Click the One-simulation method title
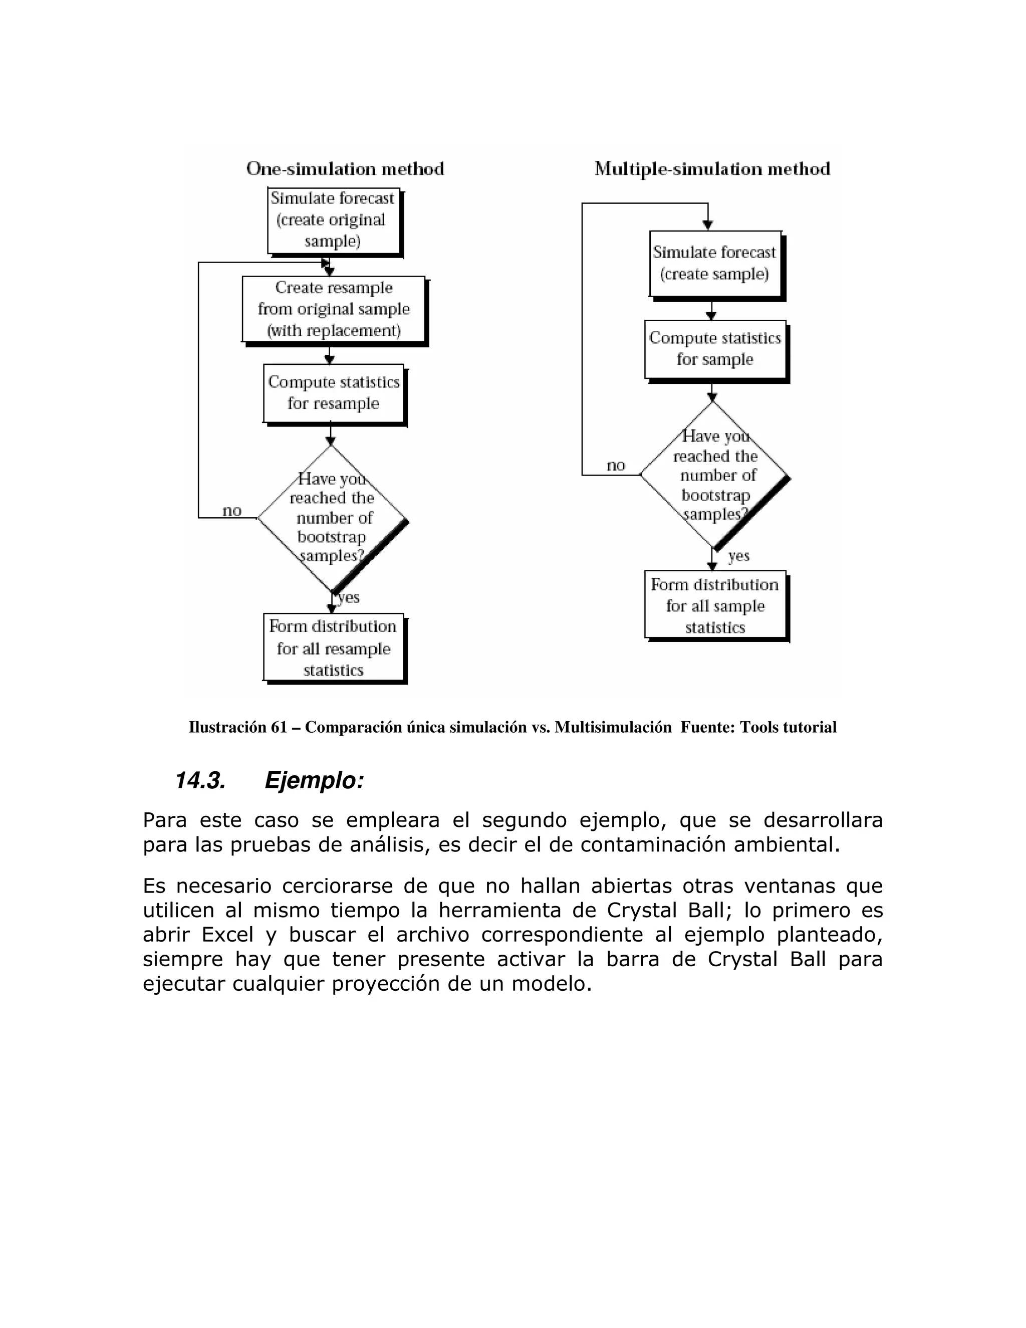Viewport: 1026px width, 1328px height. pos(345,168)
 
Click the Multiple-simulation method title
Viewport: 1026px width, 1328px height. pos(712,168)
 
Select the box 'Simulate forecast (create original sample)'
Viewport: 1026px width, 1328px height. pos(333,220)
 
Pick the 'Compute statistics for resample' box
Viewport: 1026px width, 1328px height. pos(334,393)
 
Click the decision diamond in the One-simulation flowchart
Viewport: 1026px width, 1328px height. pos(331,518)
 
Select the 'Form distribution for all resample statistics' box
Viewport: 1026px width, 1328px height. pos(333,647)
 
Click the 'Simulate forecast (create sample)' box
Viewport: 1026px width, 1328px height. pos(715,263)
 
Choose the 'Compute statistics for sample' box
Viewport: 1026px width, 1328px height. pos(715,348)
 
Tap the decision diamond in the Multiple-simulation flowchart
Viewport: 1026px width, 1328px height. pos(714,476)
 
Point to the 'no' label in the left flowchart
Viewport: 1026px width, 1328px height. pos(231,511)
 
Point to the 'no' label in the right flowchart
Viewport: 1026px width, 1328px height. pos(615,466)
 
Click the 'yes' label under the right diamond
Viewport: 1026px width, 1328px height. pos(738,556)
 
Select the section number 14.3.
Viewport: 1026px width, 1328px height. pos(200,780)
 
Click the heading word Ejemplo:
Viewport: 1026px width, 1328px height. pos(314,780)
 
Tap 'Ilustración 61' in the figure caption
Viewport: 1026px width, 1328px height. pos(237,727)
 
